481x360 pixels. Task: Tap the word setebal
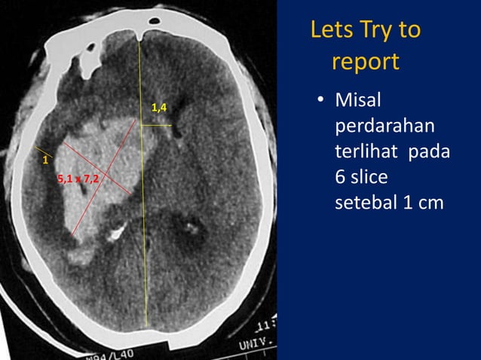pos(365,203)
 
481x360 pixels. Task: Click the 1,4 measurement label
pos(159,109)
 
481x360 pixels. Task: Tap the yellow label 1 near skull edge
pos(44,160)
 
